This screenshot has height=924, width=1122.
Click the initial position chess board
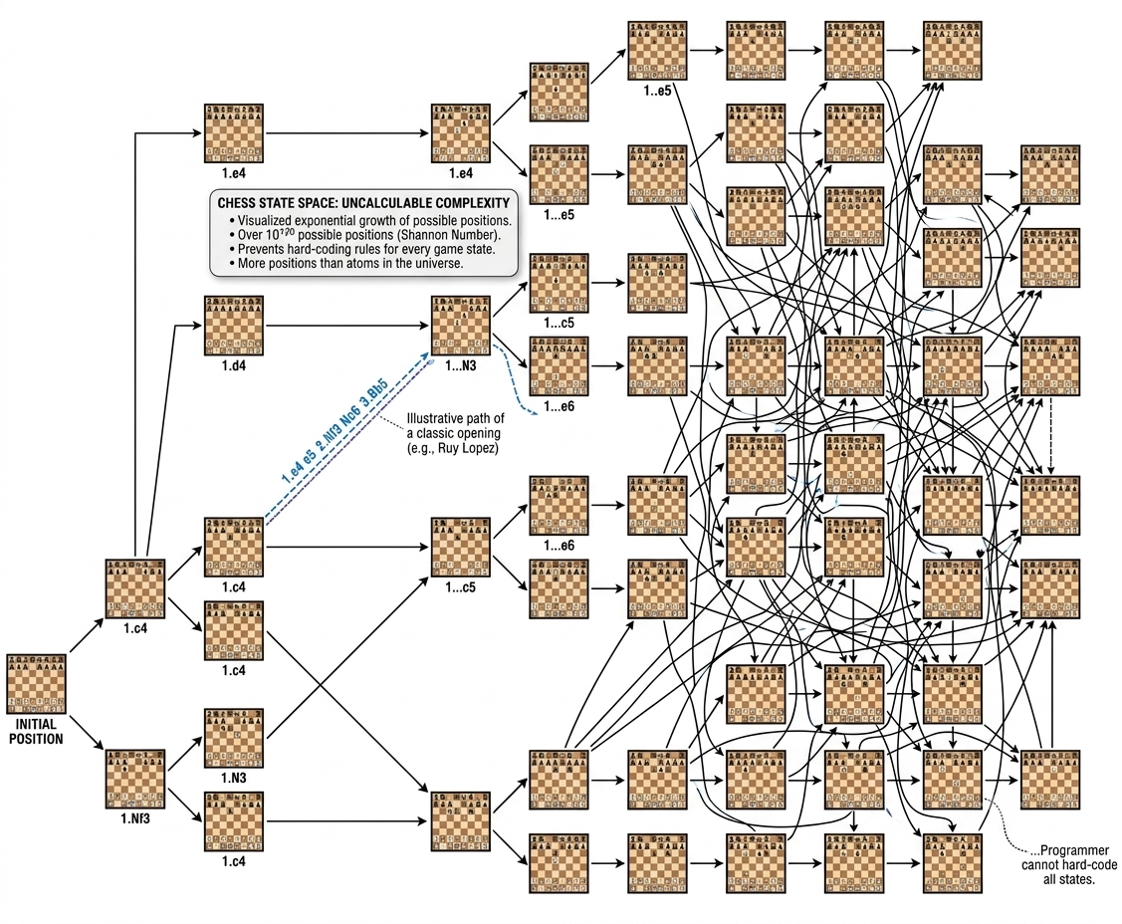point(36,683)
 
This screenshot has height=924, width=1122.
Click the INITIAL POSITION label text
point(36,732)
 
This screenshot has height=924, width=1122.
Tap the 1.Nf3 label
point(135,818)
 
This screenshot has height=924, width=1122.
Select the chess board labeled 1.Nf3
point(135,780)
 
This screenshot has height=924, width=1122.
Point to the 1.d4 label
point(233,365)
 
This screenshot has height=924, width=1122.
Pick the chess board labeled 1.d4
point(234,326)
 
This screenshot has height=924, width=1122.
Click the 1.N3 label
point(233,778)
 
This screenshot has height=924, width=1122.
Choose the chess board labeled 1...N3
point(461,326)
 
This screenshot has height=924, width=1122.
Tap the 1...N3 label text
point(461,365)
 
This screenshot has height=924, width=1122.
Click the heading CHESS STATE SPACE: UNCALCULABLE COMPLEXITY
point(363,203)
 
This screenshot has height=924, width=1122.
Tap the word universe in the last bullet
point(438,263)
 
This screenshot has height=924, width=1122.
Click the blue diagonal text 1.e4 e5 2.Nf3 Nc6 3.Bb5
point(335,431)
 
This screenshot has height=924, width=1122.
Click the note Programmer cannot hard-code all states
point(1069,864)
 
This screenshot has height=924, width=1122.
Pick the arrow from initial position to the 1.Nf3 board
point(87,732)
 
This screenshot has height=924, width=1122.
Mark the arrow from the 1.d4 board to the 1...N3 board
point(347,326)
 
